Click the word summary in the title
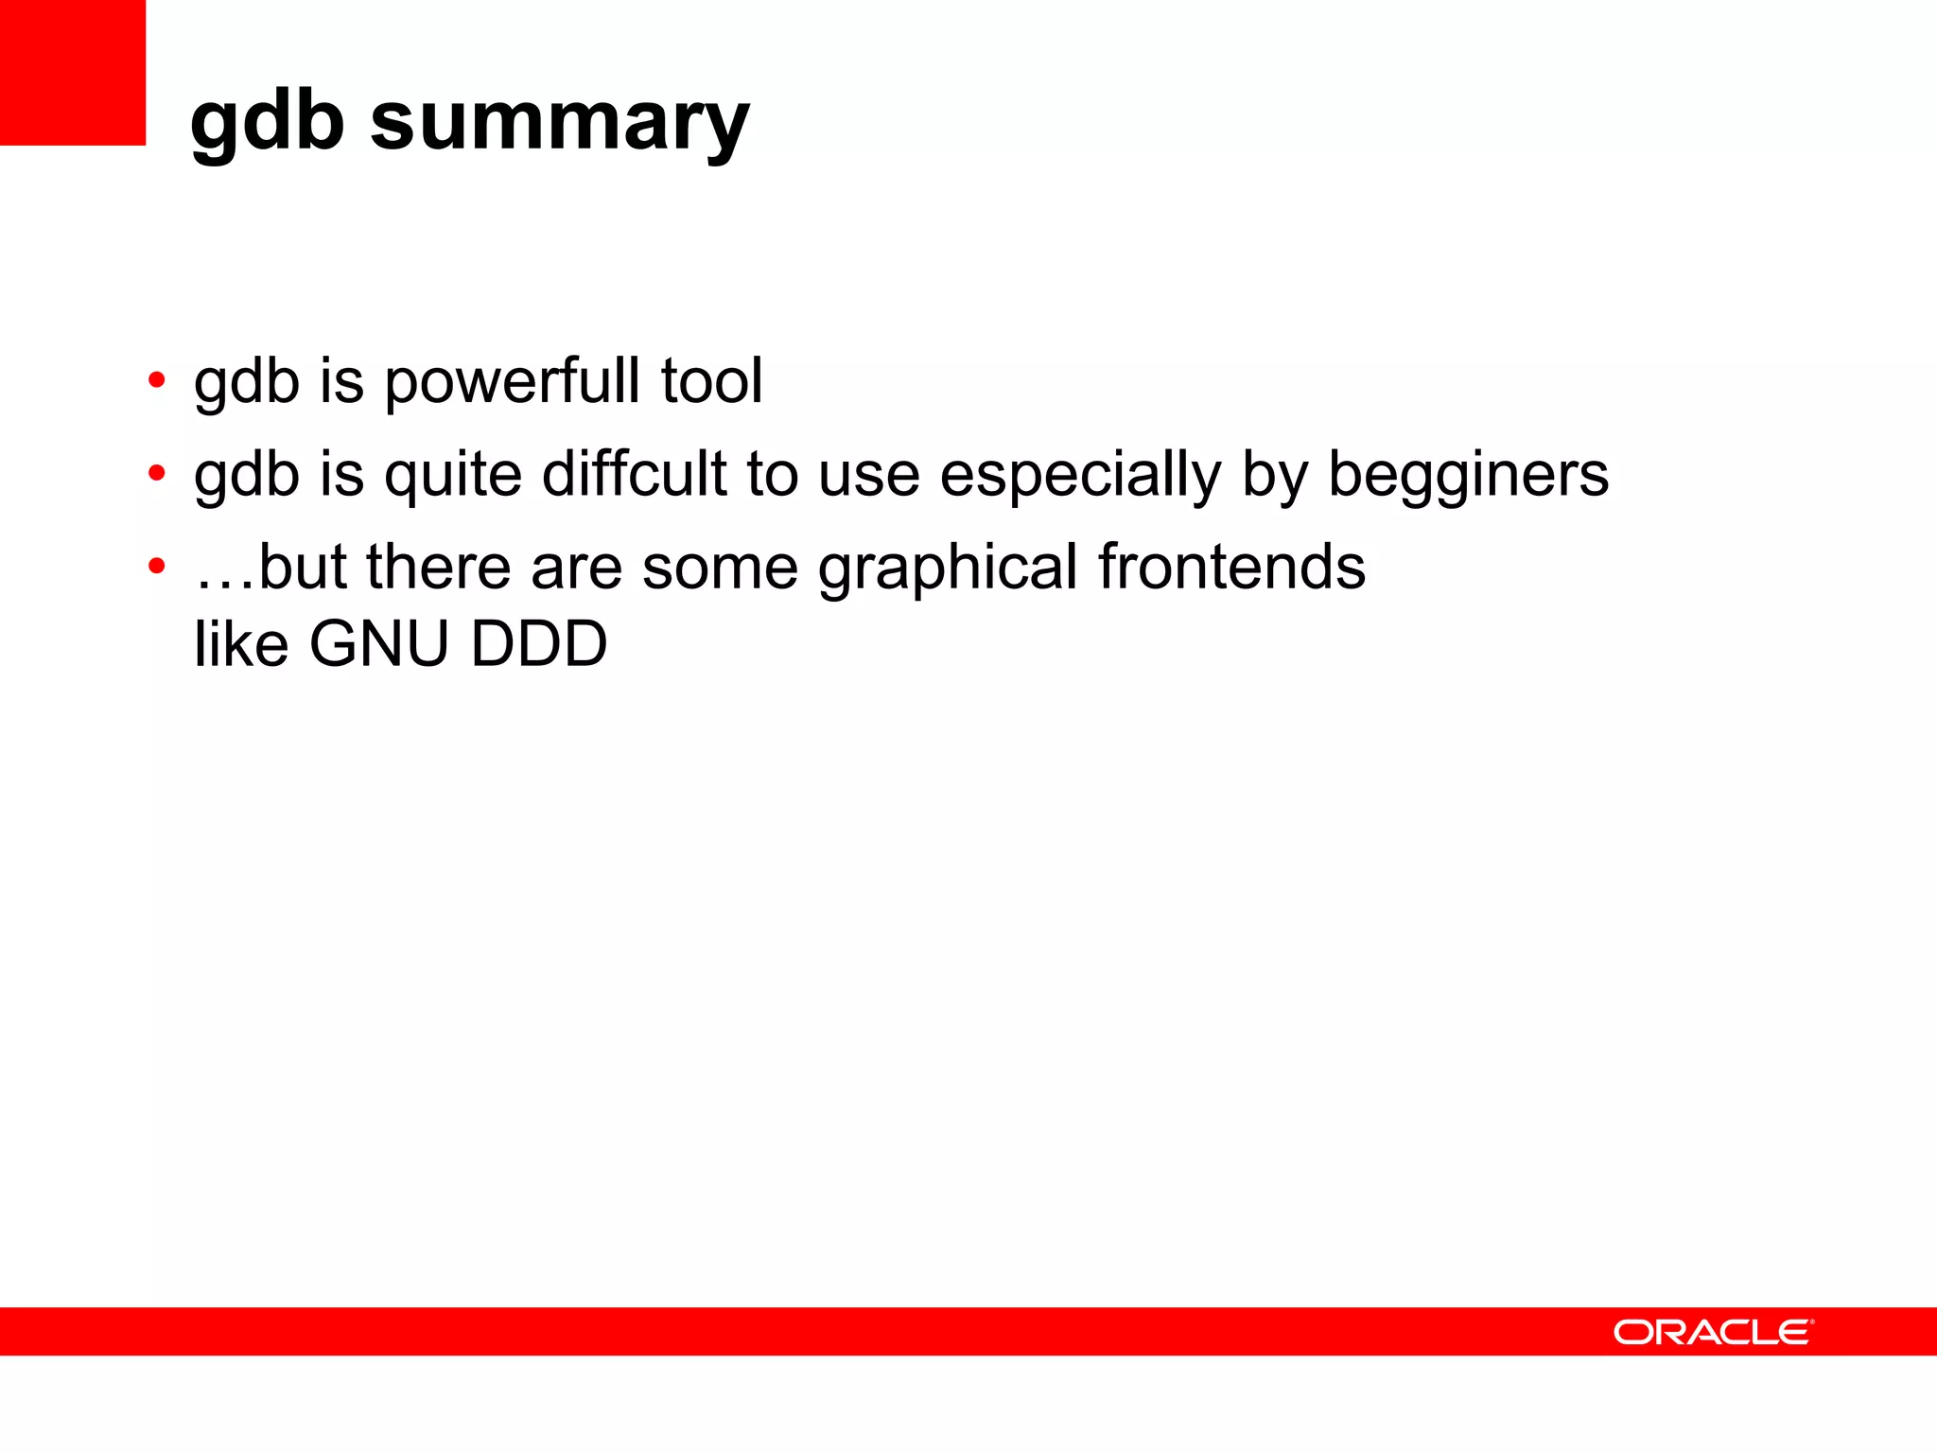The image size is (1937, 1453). tap(560, 123)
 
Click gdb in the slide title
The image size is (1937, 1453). tap(267, 123)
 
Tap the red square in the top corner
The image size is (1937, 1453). tap(72, 72)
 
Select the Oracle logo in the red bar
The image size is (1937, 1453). tap(1713, 1332)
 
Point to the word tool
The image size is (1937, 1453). tap(711, 380)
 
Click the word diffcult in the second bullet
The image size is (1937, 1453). tap(634, 473)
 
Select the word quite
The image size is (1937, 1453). tap(453, 475)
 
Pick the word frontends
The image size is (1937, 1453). tap(1231, 567)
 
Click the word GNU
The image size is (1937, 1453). tap(379, 644)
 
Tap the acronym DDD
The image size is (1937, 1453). tap(539, 644)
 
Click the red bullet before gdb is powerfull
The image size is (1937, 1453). tap(157, 381)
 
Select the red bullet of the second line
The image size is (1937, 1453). tap(157, 473)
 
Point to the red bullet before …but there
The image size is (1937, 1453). tap(157, 567)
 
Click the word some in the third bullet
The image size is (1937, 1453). tap(720, 568)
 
